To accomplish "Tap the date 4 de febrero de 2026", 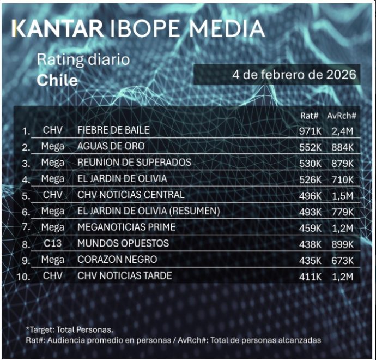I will click(294, 74).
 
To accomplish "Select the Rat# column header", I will click(310, 116).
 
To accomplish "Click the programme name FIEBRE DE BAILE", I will click(114, 130).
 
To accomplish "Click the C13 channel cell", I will click(52, 243).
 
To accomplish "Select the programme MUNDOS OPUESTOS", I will click(123, 243).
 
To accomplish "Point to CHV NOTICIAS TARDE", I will click(125, 276).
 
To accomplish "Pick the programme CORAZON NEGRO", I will click(117, 260).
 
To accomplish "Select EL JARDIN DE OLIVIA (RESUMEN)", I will click(148, 211).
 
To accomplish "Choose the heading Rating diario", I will click(83, 59).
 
